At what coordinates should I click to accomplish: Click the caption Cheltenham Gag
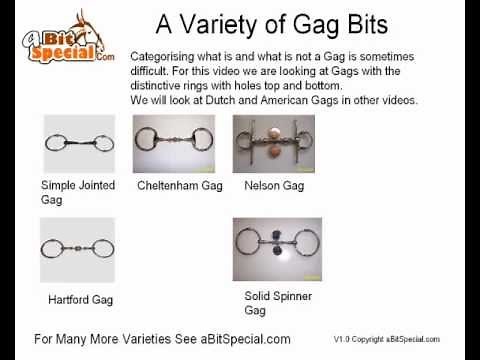[179, 186]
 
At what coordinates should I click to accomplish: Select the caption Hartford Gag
[80, 299]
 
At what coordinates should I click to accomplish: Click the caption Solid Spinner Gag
[278, 303]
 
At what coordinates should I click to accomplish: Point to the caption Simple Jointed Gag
[78, 193]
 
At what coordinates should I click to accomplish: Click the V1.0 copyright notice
[386, 339]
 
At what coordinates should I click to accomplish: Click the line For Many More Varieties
[162, 338]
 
